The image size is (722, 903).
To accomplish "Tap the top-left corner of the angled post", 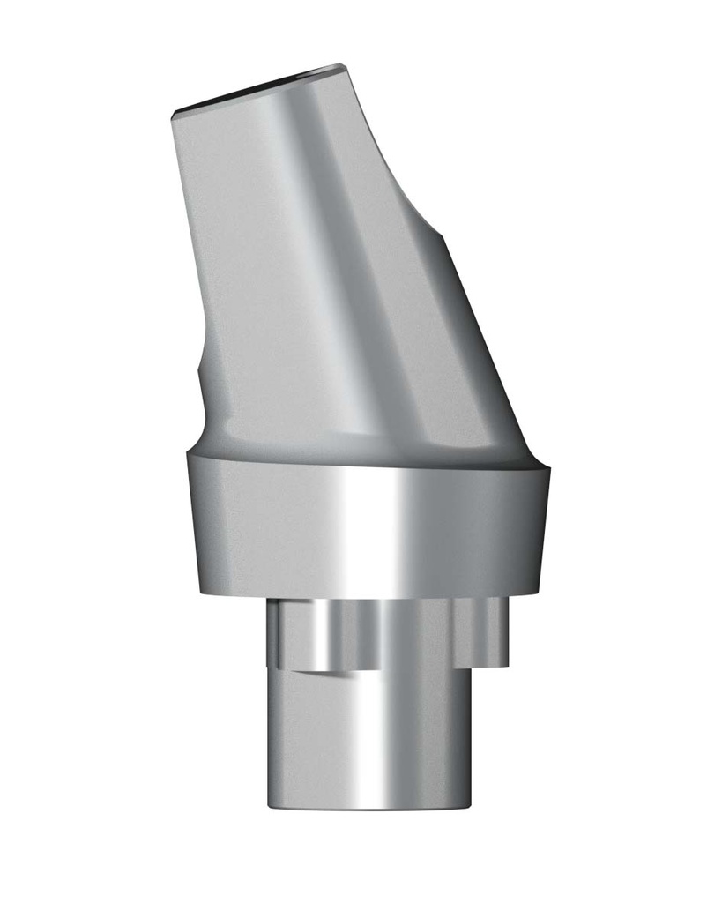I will (x=173, y=114).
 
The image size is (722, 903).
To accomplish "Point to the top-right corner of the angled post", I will (x=340, y=65).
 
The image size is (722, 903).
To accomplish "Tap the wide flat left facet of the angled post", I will (x=238, y=265).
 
